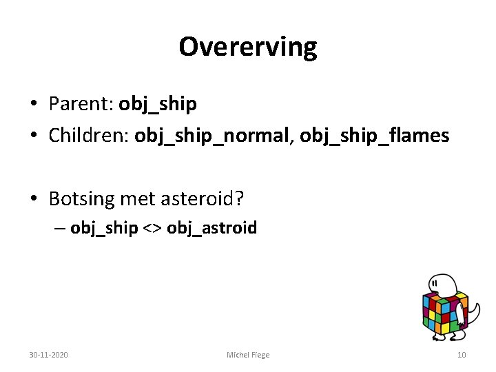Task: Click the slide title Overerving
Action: pos(248,47)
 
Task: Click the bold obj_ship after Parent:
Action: pos(158,105)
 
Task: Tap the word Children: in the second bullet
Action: pos(89,136)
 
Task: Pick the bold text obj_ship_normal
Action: pos(213,136)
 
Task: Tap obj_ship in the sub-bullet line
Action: pos(104,228)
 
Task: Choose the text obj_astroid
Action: pos(211,228)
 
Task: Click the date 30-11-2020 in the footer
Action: pos(48,355)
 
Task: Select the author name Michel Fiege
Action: pos(248,355)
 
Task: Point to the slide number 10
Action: pos(461,355)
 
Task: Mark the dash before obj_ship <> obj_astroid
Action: pos(61,229)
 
